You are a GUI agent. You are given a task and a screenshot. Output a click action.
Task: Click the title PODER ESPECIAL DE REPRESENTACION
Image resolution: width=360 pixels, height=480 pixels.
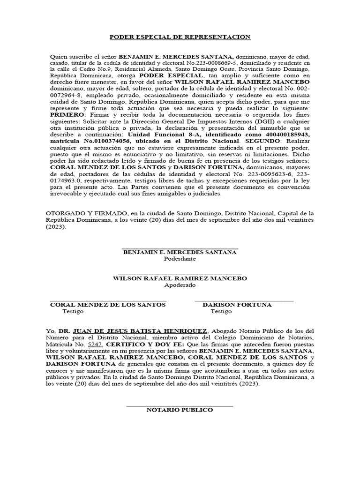point(180,37)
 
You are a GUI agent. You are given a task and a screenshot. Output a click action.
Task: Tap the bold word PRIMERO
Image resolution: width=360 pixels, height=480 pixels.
point(65,113)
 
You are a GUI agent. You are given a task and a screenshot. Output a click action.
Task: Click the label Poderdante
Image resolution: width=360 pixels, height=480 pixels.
point(180,259)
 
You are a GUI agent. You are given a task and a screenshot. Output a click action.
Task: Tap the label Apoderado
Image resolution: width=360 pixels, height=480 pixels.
point(180,285)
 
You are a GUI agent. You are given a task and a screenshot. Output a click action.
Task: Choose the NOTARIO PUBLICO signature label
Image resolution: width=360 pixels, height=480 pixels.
point(180,410)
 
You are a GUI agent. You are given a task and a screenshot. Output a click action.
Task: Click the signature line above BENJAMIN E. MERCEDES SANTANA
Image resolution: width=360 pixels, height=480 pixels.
point(180,248)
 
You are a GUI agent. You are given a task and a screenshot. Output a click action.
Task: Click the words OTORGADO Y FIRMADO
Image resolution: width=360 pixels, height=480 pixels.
point(82,213)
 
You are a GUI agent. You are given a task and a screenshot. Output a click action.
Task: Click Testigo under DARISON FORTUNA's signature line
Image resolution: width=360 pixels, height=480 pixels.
point(221,311)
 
